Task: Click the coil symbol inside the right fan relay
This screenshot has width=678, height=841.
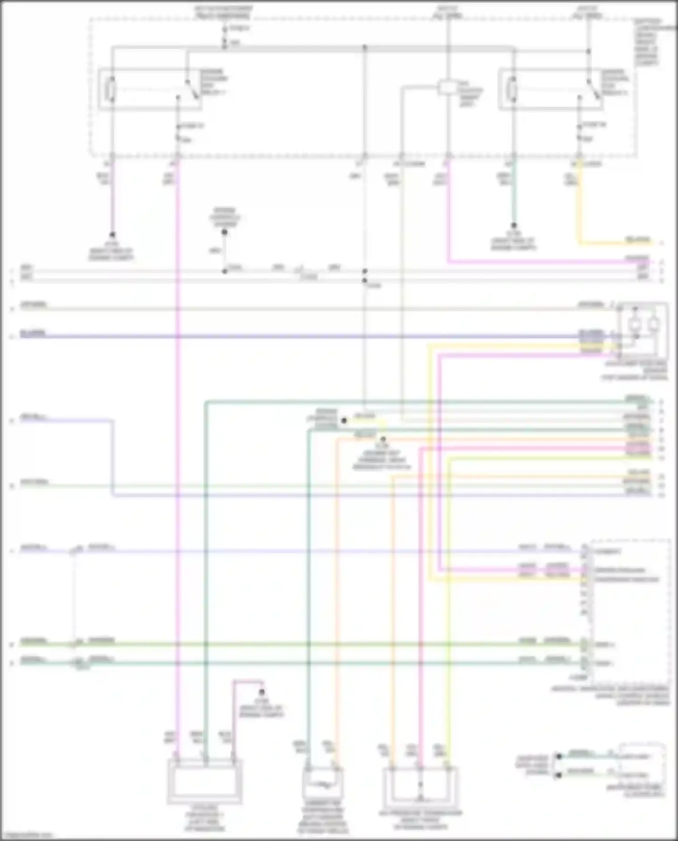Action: pos(512,89)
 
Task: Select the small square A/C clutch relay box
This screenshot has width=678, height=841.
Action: pos(447,87)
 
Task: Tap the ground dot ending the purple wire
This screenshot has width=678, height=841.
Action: pos(112,235)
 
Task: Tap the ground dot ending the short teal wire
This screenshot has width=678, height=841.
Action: pos(513,225)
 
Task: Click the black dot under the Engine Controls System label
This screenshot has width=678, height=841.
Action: pos(224,232)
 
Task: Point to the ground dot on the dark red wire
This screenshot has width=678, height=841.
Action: pos(261,692)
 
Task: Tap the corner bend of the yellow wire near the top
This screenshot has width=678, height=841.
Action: pos(579,243)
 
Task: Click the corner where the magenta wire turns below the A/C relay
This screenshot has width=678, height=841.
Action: pos(448,261)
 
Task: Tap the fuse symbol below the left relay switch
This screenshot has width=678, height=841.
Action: pos(178,133)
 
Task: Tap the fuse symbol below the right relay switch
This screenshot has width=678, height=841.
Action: pos(579,132)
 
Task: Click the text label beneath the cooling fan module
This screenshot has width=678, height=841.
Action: pos(204,818)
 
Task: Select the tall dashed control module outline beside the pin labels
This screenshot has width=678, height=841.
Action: pos(630,610)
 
